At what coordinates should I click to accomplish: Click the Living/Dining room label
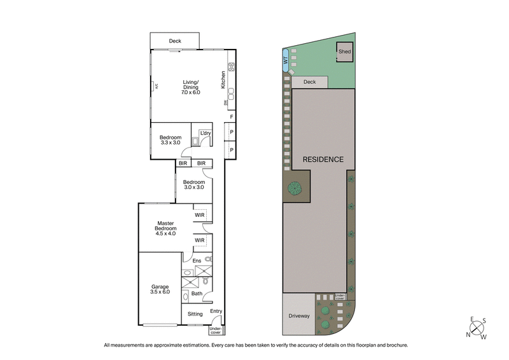[x=190, y=87]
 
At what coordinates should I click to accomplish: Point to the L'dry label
[x=205, y=133]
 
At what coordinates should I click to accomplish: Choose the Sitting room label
[x=195, y=314]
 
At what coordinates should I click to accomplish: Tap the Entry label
[x=216, y=311]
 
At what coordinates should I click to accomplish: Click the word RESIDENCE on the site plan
[x=323, y=160]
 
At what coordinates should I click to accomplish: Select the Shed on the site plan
[x=345, y=52]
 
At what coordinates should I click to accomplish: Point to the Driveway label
[x=298, y=314]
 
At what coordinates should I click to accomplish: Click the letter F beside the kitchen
[x=232, y=117]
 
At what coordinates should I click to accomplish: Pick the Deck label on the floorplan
[x=175, y=41]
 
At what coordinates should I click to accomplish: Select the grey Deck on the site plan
[x=310, y=82]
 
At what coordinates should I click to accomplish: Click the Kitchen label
[x=223, y=78]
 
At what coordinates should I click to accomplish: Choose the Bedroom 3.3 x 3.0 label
[x=171, y=140]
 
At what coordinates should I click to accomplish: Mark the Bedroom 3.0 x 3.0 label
[x=194, y=184]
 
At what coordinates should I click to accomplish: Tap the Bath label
[x=197, y=293]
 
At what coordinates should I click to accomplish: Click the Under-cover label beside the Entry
[x=216, y=330]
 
